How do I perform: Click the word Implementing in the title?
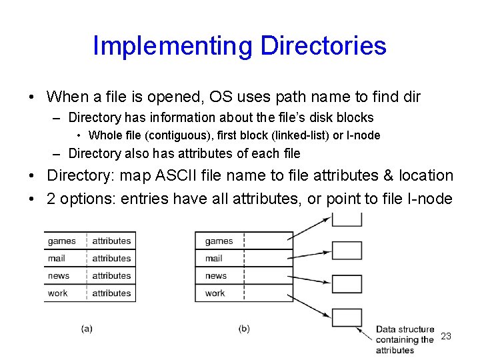pos(173,46)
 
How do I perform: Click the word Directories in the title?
pos(323,46)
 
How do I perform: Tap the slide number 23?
pos(446,336)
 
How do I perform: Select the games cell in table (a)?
pos(61,241)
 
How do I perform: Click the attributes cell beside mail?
pos(111,258)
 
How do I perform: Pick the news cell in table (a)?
pos(59,275)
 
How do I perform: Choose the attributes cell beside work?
pos(111,293)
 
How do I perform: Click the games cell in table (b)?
pos(219,241)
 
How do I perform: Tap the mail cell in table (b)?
pos(213,258)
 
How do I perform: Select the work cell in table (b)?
pos(215,293)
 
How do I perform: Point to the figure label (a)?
pos(87,329)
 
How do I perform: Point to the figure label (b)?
pos(244,329)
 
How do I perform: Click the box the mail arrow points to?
pos(347,251)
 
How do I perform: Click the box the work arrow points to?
pos(347,318)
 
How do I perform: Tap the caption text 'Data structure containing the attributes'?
pos(404,339)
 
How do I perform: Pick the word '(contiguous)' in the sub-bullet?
pos(169,135)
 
